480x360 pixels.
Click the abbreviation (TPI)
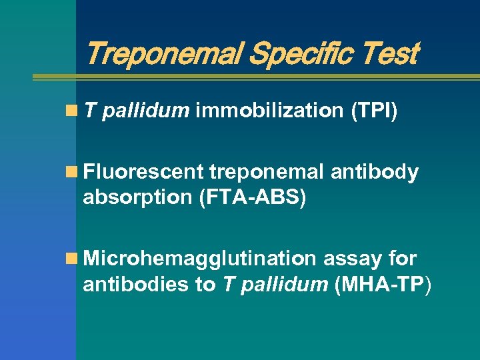pyautogui.click(x=374, y=111)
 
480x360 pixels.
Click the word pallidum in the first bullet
pyautogui.click(x=146, y=111)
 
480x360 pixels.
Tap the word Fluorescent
pyautogui.click(x=143, y=173)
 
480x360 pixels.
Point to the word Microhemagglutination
pyautogui.click(x=199, y=259)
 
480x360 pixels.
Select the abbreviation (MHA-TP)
pyautogui.click(x=384, y=285)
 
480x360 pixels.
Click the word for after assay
pyautogui.click(x=403, y=259)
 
